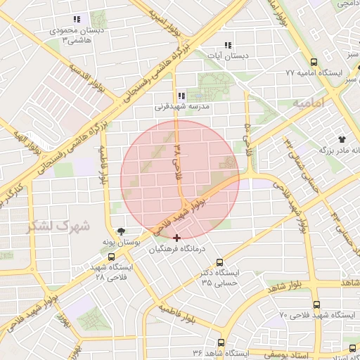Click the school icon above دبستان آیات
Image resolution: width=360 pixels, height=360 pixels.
point(226,44)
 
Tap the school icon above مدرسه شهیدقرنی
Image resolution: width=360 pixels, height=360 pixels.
point(181,96)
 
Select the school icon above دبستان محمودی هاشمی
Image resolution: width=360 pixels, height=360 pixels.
point(76,19)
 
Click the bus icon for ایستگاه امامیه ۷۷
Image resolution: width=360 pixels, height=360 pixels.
point(313,62)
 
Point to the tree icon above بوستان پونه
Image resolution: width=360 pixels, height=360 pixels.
point(120,230)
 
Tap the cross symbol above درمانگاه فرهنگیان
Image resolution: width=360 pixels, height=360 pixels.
point(176,238)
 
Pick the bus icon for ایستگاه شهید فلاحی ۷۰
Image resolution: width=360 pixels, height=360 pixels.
point(316,305)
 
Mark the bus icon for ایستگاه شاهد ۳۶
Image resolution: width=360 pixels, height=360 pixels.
point(221,342)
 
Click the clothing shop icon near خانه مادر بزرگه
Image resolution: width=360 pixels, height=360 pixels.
point(342,139)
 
